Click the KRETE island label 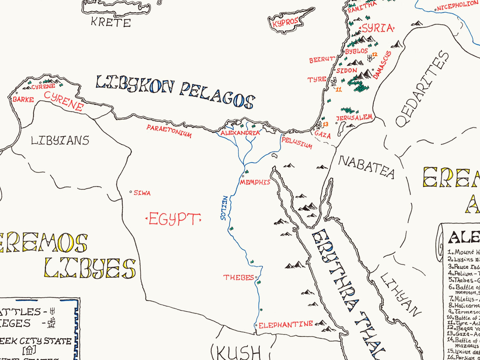(x=111, y=23)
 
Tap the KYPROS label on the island (x=285, y=23)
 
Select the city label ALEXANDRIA (x=240, y=133)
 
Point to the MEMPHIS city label (x=255, y=182)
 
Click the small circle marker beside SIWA (x=131, y=192)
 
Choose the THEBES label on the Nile (x=239, y=277)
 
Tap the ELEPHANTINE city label (x=286, y=324)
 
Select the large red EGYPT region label (x=173, y=219)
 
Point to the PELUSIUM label (x=297, y=142)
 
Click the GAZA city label (x=323, y=135)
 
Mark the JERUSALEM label (x=354, y=118)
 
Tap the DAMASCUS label (x=382, y=65)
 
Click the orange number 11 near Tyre (x=338, y=89)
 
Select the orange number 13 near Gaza (x=326, y=124)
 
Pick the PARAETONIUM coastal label (x=169, y=131)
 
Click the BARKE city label (x=23, y=99)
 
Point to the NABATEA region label (x=366, y=167)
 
